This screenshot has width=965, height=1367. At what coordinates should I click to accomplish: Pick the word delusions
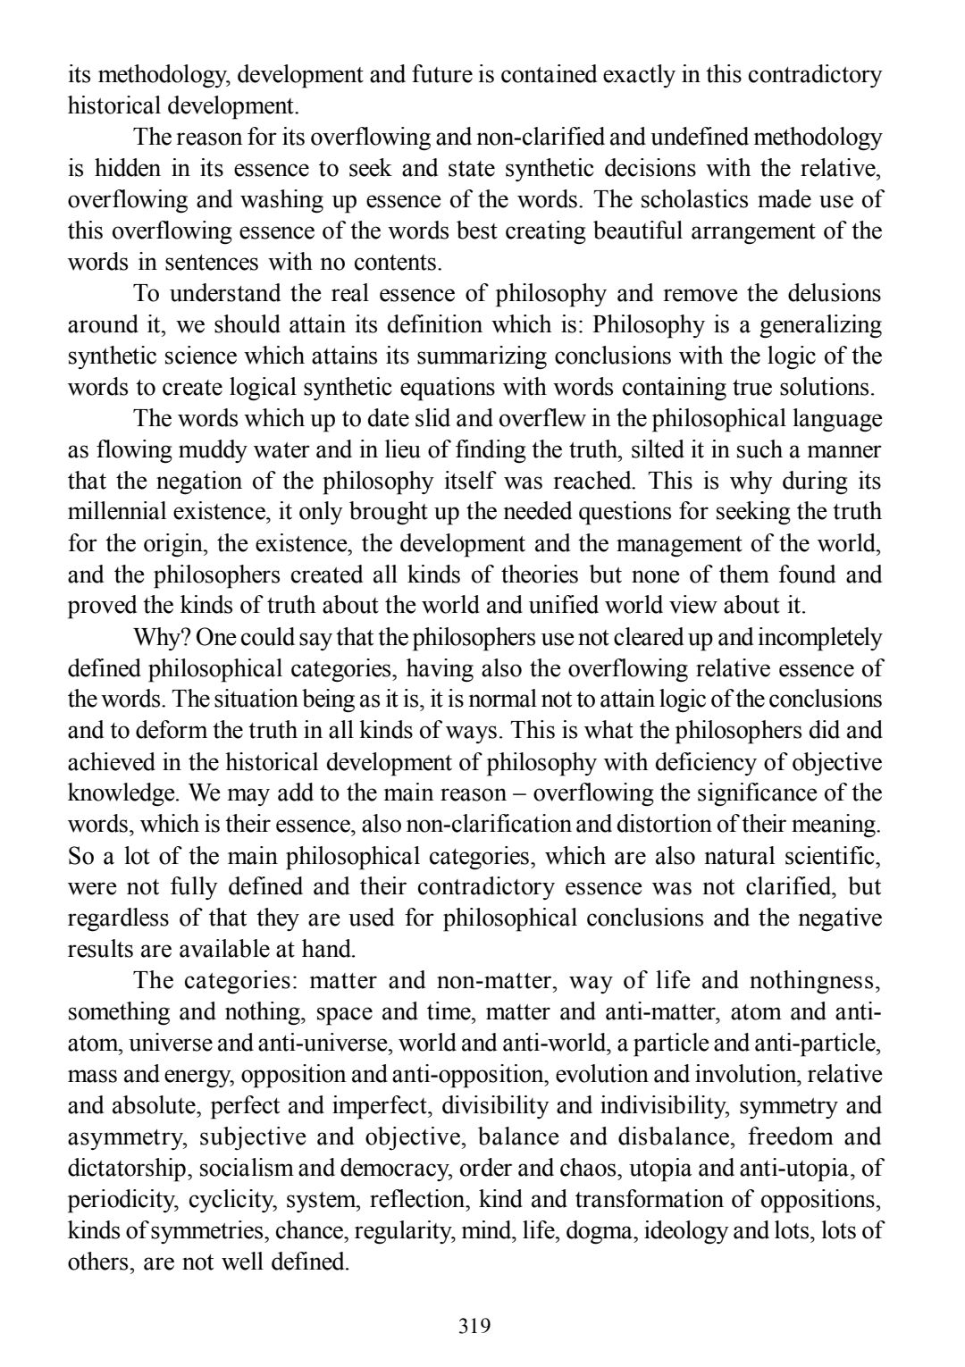pos(825,294)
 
